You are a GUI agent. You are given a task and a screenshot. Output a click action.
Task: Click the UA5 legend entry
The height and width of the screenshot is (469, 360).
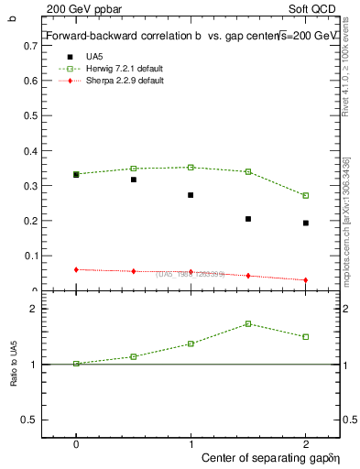(95, 57)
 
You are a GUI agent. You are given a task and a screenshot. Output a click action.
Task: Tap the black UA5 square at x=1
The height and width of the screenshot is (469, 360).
(191, 195)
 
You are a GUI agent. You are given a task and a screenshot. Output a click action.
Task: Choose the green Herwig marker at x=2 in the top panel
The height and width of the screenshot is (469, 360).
(306, 195)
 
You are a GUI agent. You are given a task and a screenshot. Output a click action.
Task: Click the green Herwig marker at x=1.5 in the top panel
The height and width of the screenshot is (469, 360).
(248, 171)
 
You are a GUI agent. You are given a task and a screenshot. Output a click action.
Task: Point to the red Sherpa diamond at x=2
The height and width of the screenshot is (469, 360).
(306, 280)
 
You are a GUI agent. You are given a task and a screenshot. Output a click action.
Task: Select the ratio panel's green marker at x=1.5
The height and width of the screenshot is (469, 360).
(248, 323)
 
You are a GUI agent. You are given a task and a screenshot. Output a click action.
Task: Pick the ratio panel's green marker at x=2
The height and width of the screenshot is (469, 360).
(306, 336)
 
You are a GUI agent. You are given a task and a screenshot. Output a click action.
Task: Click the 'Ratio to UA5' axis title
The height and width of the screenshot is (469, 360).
(14, 364)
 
